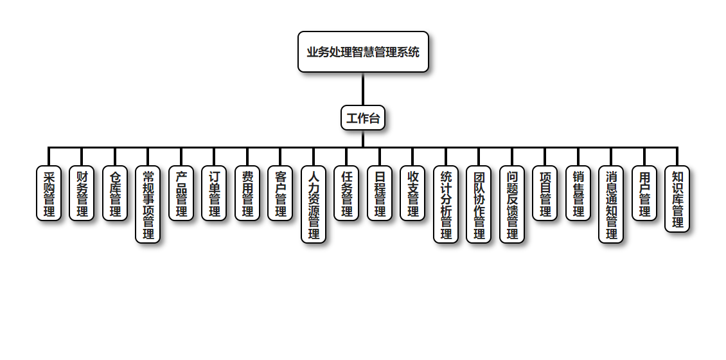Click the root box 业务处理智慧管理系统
(x=363, y=52)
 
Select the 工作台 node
(x=363, y=118)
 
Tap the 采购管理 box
(x=49, y=194)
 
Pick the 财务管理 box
(x=82, y=194)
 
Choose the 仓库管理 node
(x=115, y=194)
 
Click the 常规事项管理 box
(x=148, y=204)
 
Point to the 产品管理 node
(x=181, y=194)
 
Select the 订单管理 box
(x=214, y=194)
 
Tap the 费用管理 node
(x=247, y=194)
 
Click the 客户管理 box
(x=280, y=194)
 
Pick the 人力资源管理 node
(x=314, y=204)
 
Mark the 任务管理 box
(x=346, y=194)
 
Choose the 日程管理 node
(x=380, y=194)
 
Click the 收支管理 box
(x=412, y=194)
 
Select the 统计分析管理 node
(x=446, y=204)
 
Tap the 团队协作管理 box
(x=479, y=204)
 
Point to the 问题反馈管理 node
(x=512, y=204)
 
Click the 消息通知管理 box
(x=611, y=204)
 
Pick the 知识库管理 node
(x=677, y=199)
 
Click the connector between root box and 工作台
(x=363, y=89)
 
